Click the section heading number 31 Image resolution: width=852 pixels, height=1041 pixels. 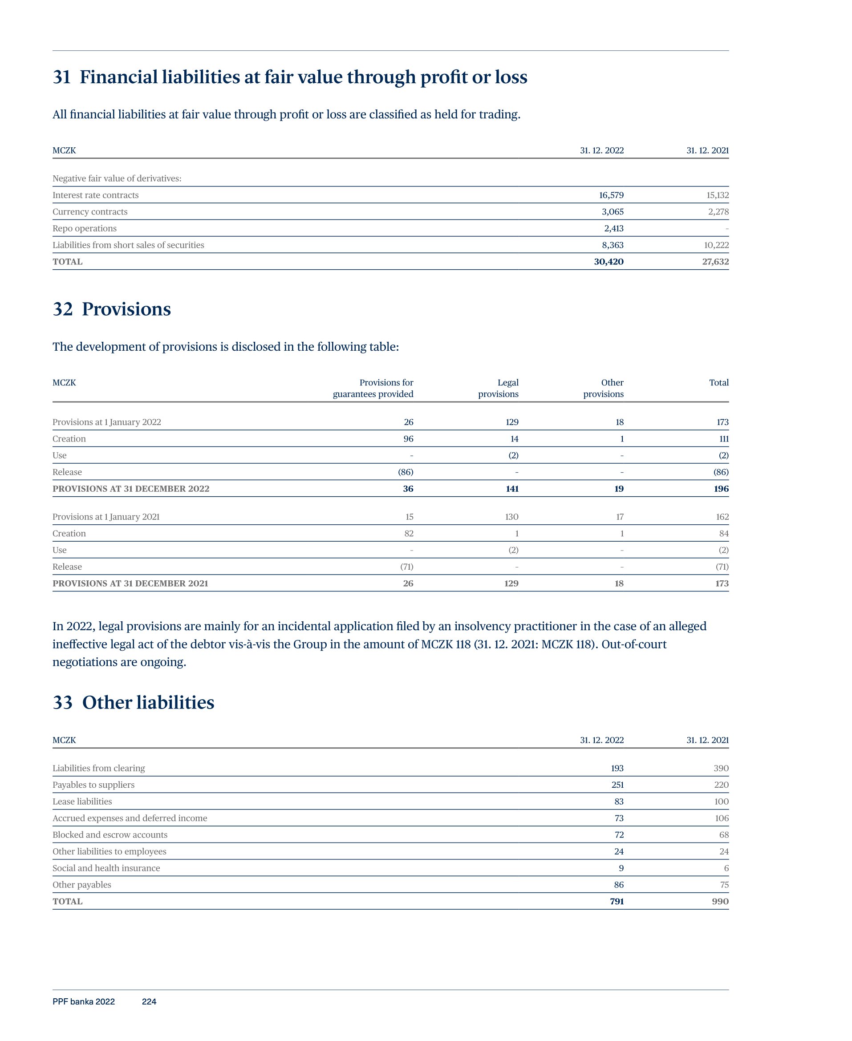coord(62,77)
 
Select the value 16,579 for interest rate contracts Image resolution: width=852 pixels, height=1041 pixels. coord(611,195)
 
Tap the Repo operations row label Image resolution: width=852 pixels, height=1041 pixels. coord(85,229)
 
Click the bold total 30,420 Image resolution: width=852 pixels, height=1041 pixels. coord(609,262)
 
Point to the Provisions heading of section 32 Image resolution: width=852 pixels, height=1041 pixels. coord(126,309)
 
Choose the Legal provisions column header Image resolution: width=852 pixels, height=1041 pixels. coord(498,388)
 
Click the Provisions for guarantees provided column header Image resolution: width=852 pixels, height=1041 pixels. coord(373,388)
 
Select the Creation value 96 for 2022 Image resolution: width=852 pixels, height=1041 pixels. coord(408,439)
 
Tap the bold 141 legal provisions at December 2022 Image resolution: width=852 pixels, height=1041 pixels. coord(512,489)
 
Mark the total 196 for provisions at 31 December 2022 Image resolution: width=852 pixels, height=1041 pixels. coord(721,489)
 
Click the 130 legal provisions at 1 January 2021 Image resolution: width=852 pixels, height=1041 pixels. coord(511,517)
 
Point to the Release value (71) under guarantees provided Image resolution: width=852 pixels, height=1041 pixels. coord(406,567)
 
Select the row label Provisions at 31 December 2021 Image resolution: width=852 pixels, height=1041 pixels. coord(130,584)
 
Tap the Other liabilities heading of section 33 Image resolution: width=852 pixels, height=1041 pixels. coord(148,702)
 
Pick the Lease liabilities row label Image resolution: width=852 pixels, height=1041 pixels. coord(82,802)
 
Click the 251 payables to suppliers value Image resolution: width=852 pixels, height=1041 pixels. coord(617,785)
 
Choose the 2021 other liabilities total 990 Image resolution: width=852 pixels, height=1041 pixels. coord(720,902)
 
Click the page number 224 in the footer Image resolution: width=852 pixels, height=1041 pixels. coord(149,1002)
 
